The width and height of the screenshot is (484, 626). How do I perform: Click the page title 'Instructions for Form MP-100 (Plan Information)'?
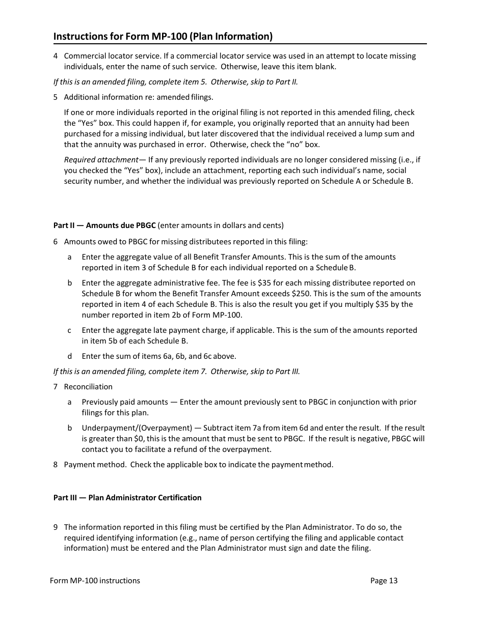[163, 37]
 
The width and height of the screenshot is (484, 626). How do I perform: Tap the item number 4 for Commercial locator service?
[56, 56]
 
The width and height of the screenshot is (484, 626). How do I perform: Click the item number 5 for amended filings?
[56, 97]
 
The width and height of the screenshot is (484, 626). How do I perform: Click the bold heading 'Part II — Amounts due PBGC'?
[104, 225]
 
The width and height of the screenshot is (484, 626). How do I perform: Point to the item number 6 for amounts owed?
[56, 242]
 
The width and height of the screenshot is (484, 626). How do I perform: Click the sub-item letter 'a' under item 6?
[69, 258]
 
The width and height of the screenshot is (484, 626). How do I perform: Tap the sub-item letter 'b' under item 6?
[69, 283]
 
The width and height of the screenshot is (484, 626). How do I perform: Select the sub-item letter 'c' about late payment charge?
[69, 330]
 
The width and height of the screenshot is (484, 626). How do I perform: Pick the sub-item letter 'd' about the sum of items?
[69, 356]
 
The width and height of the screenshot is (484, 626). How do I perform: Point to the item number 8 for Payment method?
[56, 465]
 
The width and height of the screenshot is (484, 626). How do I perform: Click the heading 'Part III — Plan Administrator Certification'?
[127, 498]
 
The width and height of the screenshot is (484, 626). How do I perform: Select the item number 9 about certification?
[56, 527]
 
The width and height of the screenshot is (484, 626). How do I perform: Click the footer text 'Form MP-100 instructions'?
[95, 581]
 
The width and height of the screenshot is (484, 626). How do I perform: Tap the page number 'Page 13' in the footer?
[384, 581]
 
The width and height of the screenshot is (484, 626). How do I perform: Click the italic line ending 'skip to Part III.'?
[177, 372]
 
